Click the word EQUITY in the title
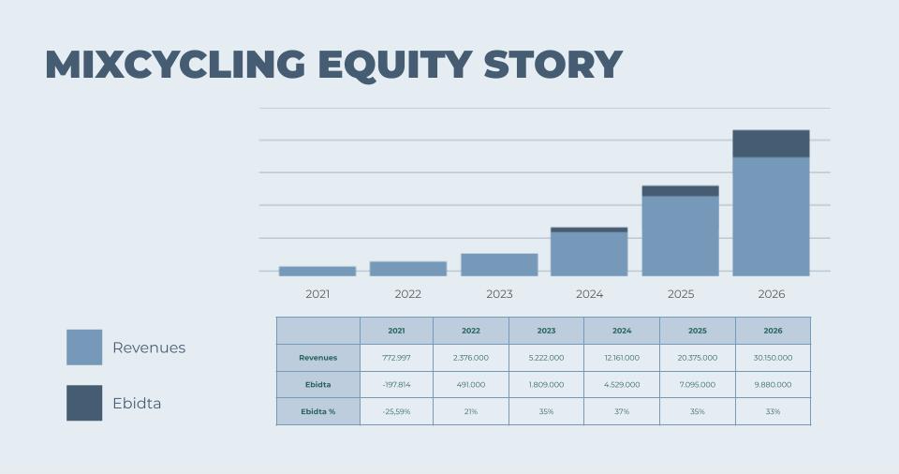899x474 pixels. pyautogui.click(x=395, y=65)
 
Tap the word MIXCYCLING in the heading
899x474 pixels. pyautogui.click(x=175, y=64)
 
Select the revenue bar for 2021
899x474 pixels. pyautogui.click(x=317, y=272)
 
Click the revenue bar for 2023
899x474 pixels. pyautogui.click(x=499, y=264)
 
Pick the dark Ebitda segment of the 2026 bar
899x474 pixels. pyautogui.click(x=771, y=143)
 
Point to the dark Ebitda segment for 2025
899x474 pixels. pyautogui.click(x=680, y=191)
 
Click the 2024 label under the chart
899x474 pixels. pyautogui.click(x=589, y=294)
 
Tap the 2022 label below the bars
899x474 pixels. pyautogui.click(x=407, y=294)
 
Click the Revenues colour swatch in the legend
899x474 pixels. pyautogui.click(x=84, y=348)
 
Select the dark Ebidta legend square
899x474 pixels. pyautogui.click(x=84, y=403)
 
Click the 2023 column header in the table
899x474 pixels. pyautogui.click(x=546, y=331)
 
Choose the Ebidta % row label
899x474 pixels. pyautogui.click(x=318, y=411)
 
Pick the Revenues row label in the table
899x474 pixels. pyautogui.click(x=318, y=358)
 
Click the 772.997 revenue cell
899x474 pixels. pyautogui.click(x=396, y=358)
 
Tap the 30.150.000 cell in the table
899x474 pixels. pyautogui.click(x=773, y=358)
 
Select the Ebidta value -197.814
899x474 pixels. pyautogui.click(x=396, y=384)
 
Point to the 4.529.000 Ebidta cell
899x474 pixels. pyautogui.click(x=622, y=384)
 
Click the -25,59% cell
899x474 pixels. pyautogui.click(x=396, y=411)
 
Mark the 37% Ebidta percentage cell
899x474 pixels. pyautogui.click(x=622, y=411)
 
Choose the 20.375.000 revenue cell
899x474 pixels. pyautogui.click(x=697, y=358)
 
